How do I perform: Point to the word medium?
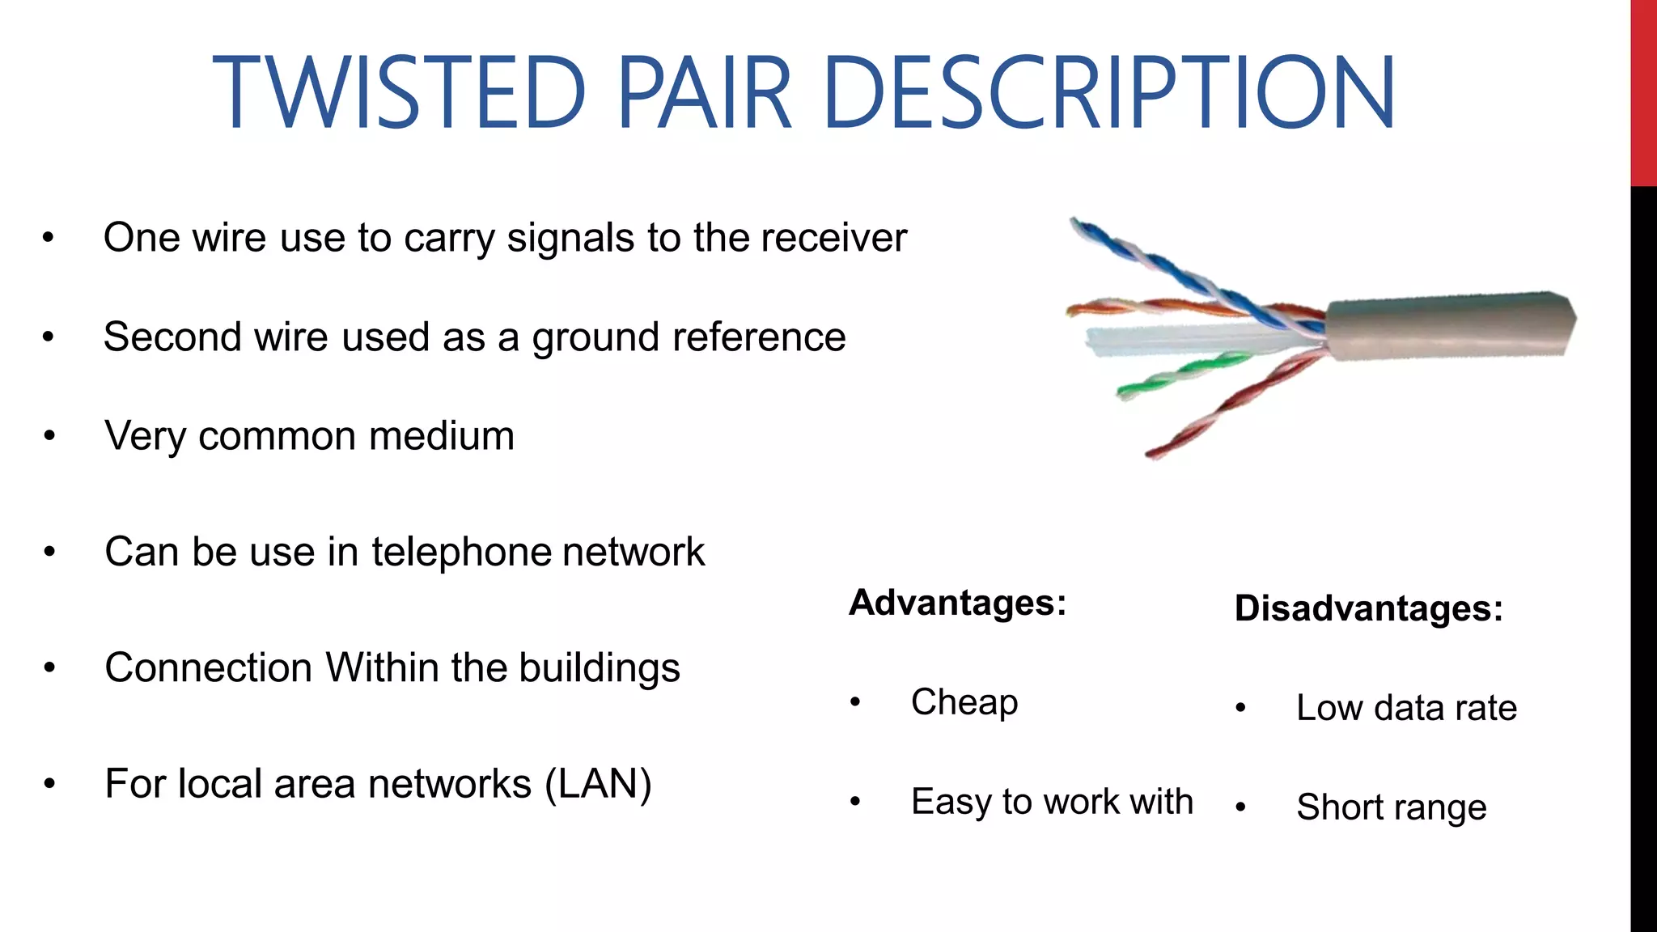pyautogui.click(x=441, y=436)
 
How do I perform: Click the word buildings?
pyautogui.click(x=599, y=668)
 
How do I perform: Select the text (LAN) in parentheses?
pyautogui.click(x=598, y=784)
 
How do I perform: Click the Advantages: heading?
pyautogui.click(x=957, y=603)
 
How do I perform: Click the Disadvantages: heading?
pyautogui.click(x=1368, y=608)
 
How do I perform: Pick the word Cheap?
pyautogui.click(x=964, y=702)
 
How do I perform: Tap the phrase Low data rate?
pyautogui.click(x=1406, y=708)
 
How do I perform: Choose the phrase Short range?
pyautogui.click(x=1391, y=807)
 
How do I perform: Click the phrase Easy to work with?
pyautogui.click(x=1052, y=802)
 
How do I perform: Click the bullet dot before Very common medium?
pyautogui.click(x=49, y=437)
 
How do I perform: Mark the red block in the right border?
pyautogui.click(x=1642, y=93)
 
